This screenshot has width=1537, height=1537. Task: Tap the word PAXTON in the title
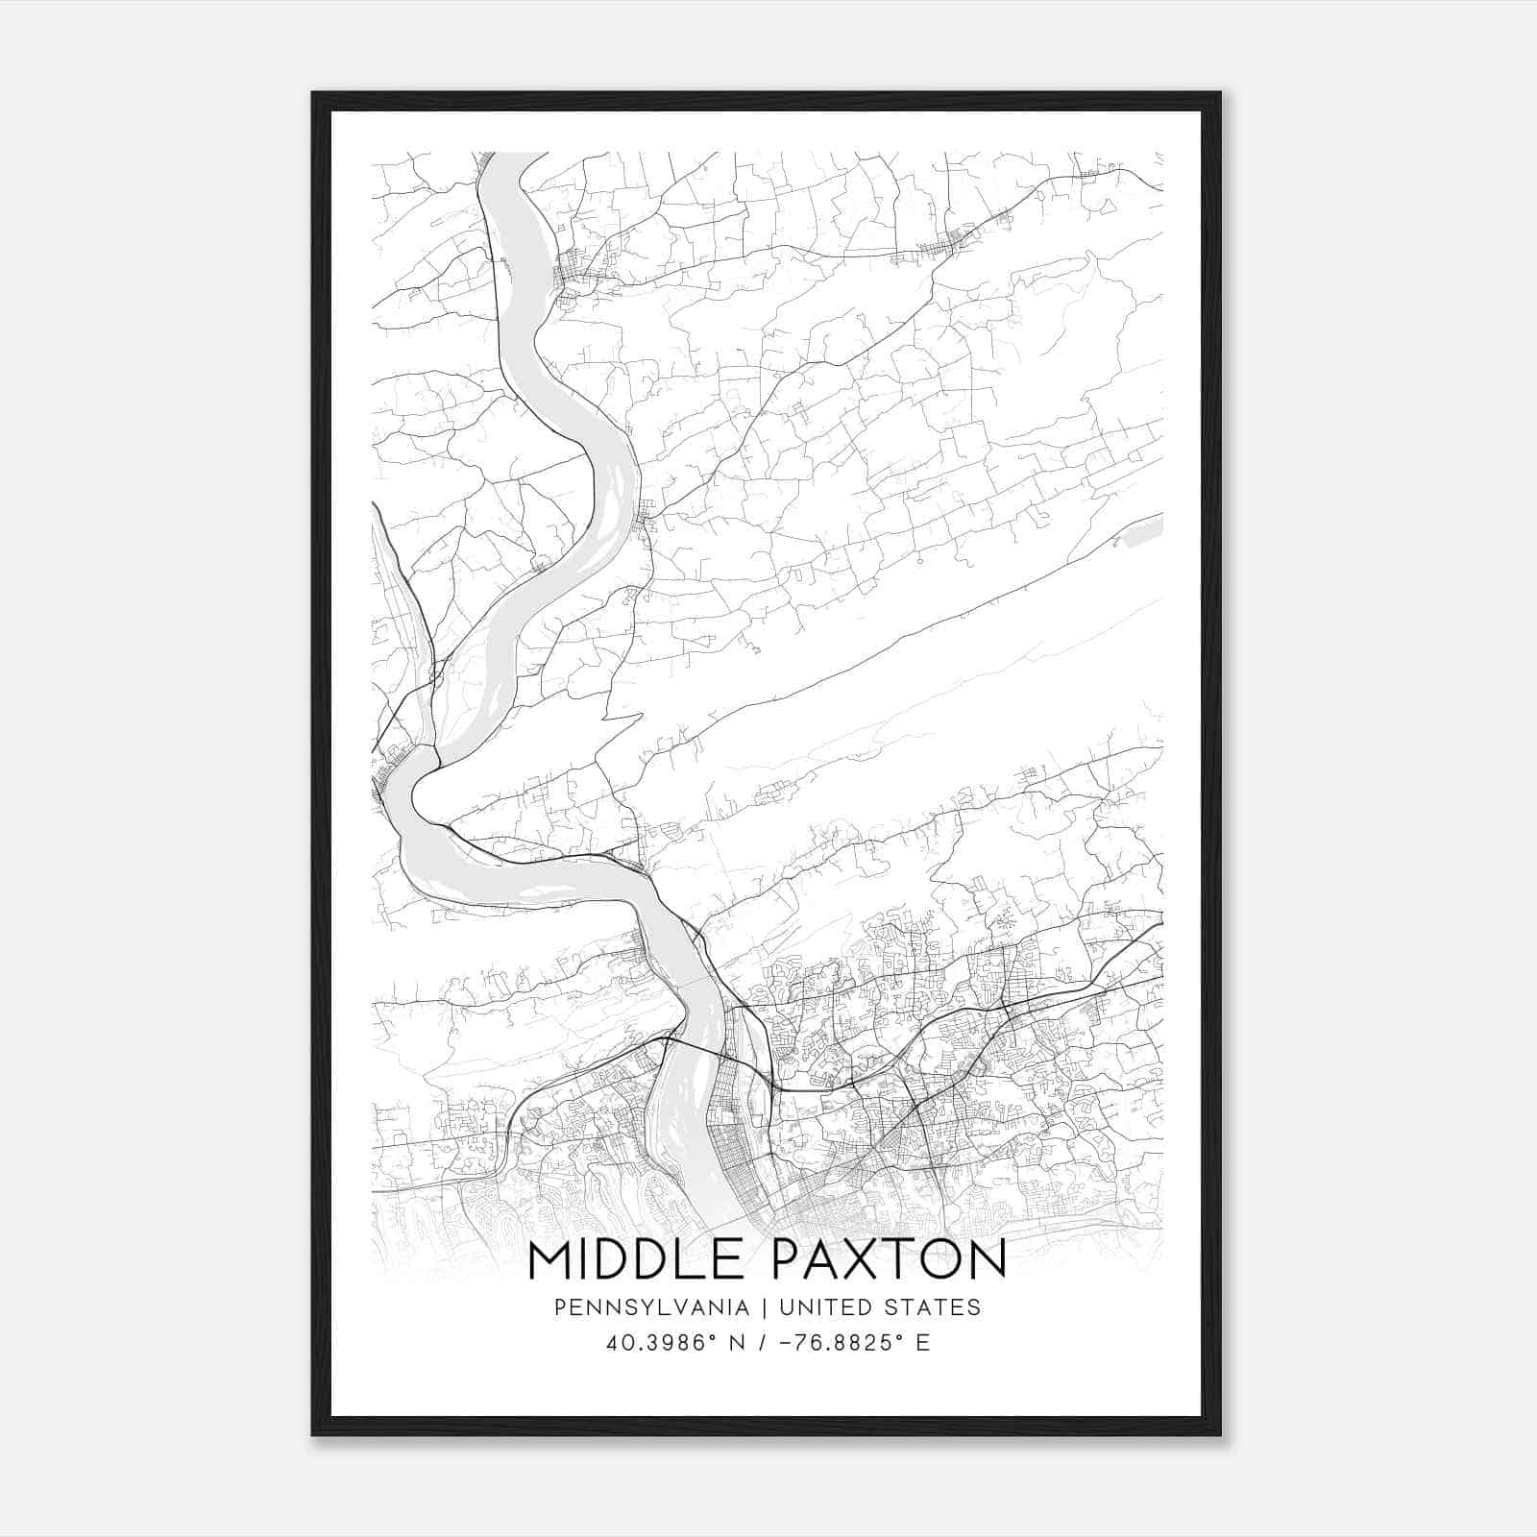tap(889, 1259)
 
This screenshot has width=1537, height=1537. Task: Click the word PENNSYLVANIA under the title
tap(637, 1307)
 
